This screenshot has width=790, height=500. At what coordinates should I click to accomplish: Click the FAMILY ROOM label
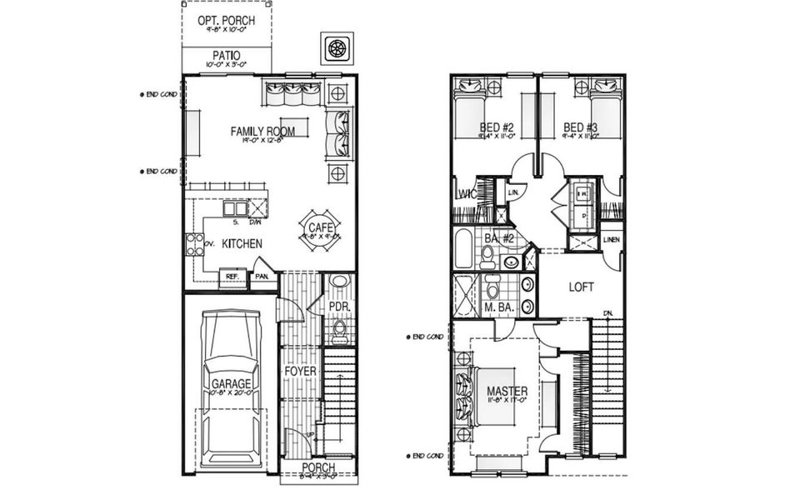(265, 131)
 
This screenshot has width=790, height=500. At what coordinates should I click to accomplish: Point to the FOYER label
(299, 370)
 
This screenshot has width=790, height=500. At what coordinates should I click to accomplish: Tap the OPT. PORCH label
(226, 21)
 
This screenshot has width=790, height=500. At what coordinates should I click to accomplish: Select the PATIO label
(226, 56)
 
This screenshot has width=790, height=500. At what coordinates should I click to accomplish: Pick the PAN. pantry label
(262, 277)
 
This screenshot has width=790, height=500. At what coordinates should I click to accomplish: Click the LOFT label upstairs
(581, 287)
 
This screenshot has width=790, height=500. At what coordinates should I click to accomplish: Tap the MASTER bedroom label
(507, 390)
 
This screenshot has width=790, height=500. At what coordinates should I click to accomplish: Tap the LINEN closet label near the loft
(611, 241)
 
